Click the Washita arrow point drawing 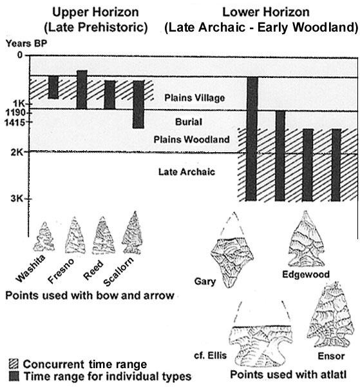44,237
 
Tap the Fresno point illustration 75,235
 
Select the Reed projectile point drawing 103,235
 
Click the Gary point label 205,282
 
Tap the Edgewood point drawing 307,239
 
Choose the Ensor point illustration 331,315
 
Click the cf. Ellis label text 211,355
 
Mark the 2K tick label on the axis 17,152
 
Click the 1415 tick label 15,122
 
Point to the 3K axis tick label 17,199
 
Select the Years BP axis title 26,43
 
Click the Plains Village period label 194,98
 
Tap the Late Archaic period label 187,171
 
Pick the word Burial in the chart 189,122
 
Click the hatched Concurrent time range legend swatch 14,364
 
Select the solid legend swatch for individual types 14,377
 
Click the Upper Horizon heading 95,12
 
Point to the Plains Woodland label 191,139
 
